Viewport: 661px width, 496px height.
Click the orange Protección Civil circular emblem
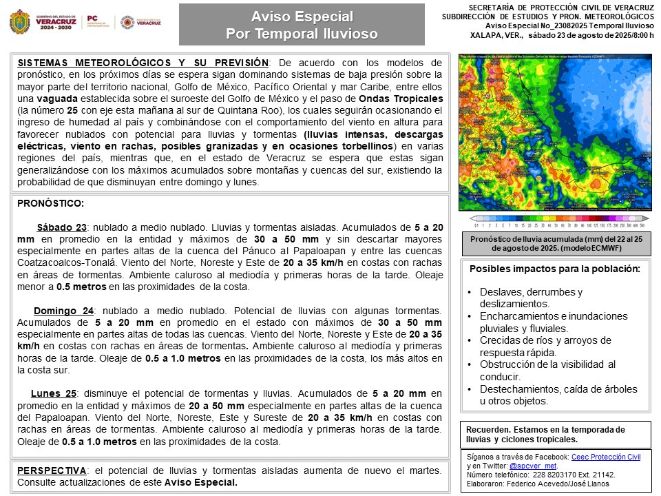[127, 23]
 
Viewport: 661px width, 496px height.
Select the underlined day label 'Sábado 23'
[61, 228]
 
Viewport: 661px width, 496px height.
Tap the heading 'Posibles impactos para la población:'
[554, 269]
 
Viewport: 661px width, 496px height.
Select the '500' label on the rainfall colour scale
[642, 225]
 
